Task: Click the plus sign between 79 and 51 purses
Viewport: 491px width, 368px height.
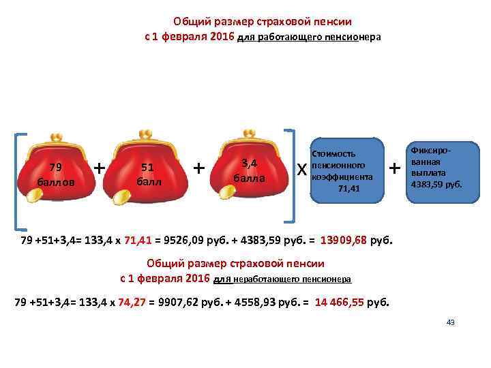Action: pyautogui.click(x=100, y=167)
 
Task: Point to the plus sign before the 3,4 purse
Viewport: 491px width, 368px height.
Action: pyautogui.click(x=199, y=167)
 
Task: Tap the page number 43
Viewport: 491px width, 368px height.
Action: pyautogui.click(x=450, y=322)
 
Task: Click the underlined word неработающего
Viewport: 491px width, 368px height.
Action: pyautogui.click(x=263, y=279)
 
